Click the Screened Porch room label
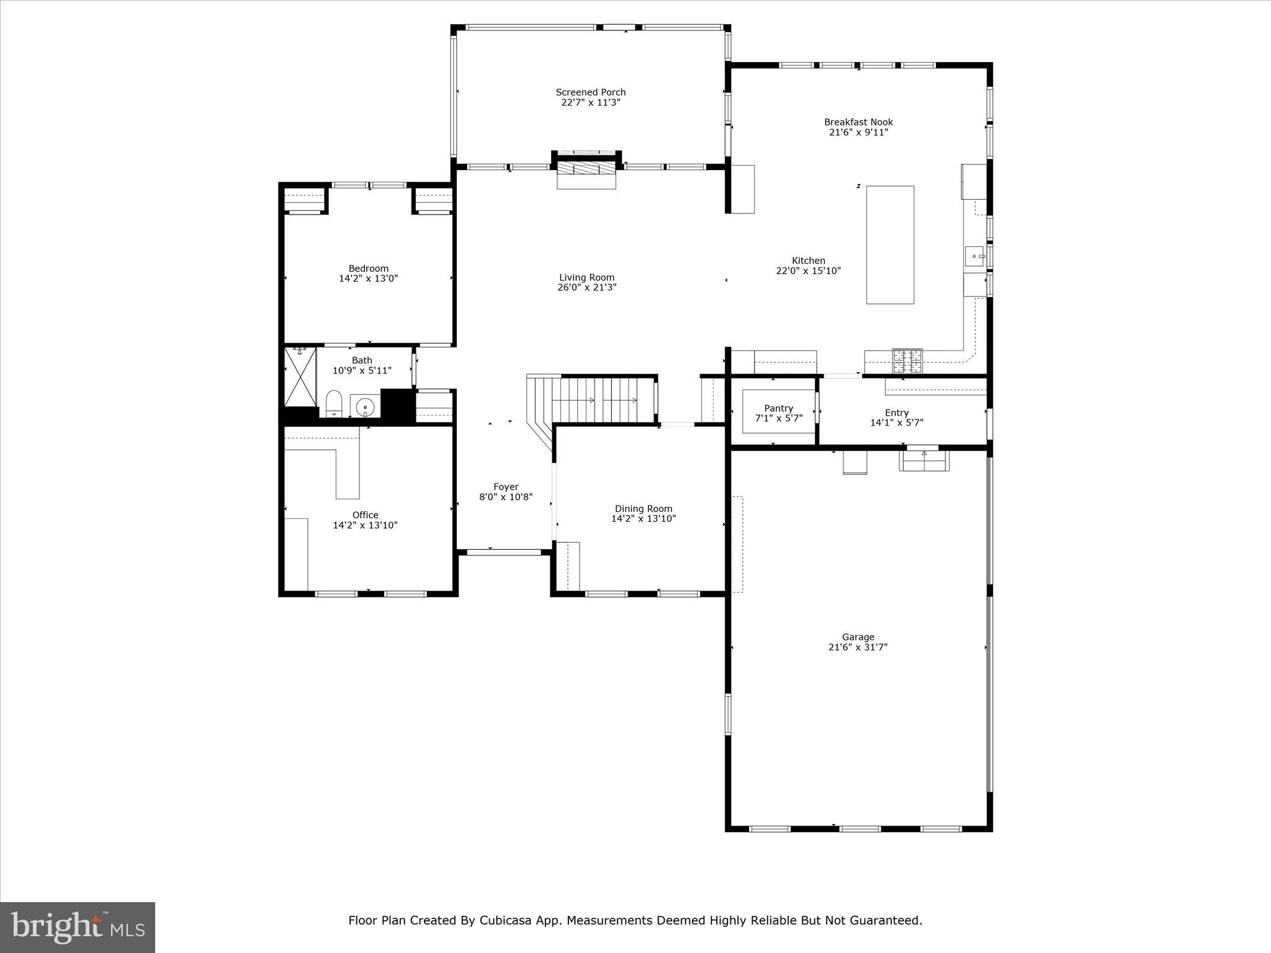tap(590, 92)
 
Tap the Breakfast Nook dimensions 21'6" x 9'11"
tap(858, 132)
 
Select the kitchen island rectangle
tap(890, 245)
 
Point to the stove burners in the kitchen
tap(907, 360)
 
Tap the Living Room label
tap(586, 277)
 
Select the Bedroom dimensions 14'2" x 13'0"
tap(368, 279)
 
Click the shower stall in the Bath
tap(300, 377)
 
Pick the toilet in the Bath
tap(334, 403)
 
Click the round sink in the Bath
tap(366, 407)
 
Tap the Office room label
tap(365, 515)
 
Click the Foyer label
tap(506, 487)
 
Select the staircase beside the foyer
tap(596, 400)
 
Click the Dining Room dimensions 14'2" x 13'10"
tap(644, 519)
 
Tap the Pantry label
tap(778, 408)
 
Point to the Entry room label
tap(897, 413)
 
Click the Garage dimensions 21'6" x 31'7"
tap(858, 647)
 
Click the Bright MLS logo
tap(78, 927)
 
